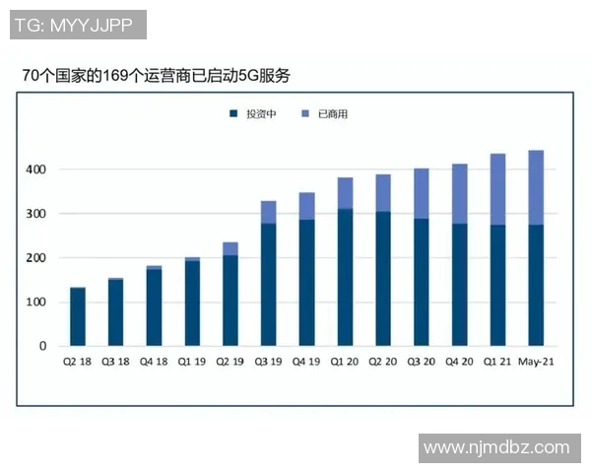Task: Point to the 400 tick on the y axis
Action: point(35,169)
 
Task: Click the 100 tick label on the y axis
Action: point(35,302)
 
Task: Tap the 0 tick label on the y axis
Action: point(42,346)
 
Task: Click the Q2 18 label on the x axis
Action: point(78,363)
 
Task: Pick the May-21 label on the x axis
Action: point(536,363)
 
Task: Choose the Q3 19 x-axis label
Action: point(268,363)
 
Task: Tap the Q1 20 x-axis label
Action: point(345,363)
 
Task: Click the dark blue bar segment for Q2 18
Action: point(78,316)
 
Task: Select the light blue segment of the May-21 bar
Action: point(536,187)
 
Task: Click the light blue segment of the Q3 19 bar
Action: point(268,212)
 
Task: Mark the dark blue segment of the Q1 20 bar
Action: point(345,277)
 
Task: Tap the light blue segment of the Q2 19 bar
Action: point(230,248)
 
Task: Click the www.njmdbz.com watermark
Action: point(496,447)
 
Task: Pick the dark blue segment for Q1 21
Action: point(497,285)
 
